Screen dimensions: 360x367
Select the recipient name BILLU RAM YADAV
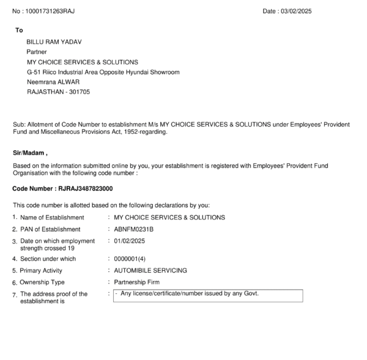54,42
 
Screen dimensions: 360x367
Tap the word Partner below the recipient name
37,52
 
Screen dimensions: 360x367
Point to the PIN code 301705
78,92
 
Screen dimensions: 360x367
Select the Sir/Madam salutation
30,152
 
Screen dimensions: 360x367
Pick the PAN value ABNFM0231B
130,229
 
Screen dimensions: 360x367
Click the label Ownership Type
42,282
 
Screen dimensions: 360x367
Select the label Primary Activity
45,270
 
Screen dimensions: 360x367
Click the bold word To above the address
19,30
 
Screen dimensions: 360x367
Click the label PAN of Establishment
52,229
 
